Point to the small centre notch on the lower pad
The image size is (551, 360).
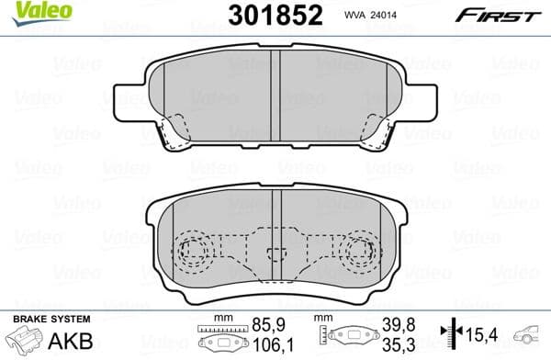275,259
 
